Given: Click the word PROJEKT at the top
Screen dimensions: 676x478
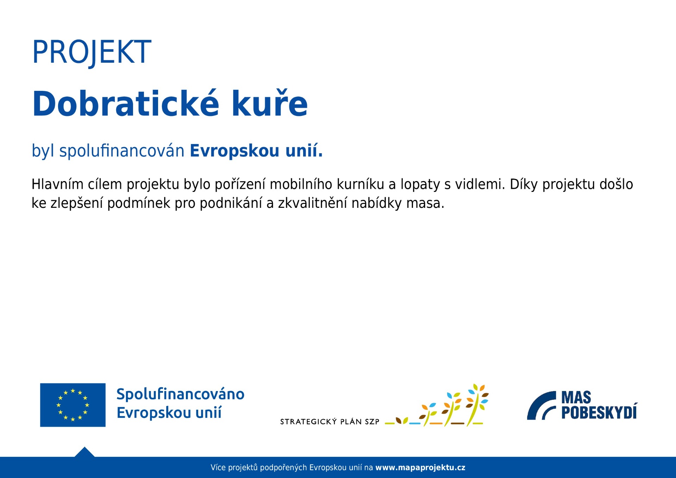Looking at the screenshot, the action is [x=92, y=52].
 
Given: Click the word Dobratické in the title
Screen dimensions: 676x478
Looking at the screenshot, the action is [x=126, y=103].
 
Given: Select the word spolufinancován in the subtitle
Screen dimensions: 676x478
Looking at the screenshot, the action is [x=122, y=151].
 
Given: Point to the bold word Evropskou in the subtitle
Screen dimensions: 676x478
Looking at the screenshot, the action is [x=234, y=151].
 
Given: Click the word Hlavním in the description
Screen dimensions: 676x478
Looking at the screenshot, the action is [x=57, y=184].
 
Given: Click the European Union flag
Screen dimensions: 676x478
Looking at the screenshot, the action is [x=73, y=405].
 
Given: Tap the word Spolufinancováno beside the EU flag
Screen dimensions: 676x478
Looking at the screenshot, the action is [x=180, y=394].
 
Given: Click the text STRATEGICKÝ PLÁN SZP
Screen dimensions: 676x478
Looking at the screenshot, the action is [x=330, y=422].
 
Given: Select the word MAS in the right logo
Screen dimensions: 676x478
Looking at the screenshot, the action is [x=576, y=397].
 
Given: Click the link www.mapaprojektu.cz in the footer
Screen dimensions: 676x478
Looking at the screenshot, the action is [x=420, y=467].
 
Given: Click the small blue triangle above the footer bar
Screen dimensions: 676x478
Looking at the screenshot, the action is [x=84, y=452].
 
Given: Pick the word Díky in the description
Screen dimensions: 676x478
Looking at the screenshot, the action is [x=524, y=184].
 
